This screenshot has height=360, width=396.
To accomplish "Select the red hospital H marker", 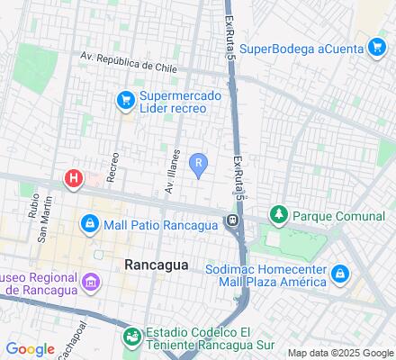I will click(73, 179).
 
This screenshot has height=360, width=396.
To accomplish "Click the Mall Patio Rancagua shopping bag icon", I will click(89, 224).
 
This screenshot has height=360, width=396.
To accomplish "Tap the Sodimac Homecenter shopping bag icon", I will click(340, 274).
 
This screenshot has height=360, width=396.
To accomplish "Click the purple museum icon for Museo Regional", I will click(89, 283).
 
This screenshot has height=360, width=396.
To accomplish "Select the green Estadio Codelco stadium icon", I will click(132, 337).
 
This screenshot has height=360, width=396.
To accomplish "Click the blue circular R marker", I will click(200, 163).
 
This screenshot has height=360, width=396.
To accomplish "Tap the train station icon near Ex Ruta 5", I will click(232, 220).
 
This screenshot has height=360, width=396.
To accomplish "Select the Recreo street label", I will click(112, 166).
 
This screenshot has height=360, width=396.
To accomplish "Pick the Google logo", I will click(30, 349).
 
